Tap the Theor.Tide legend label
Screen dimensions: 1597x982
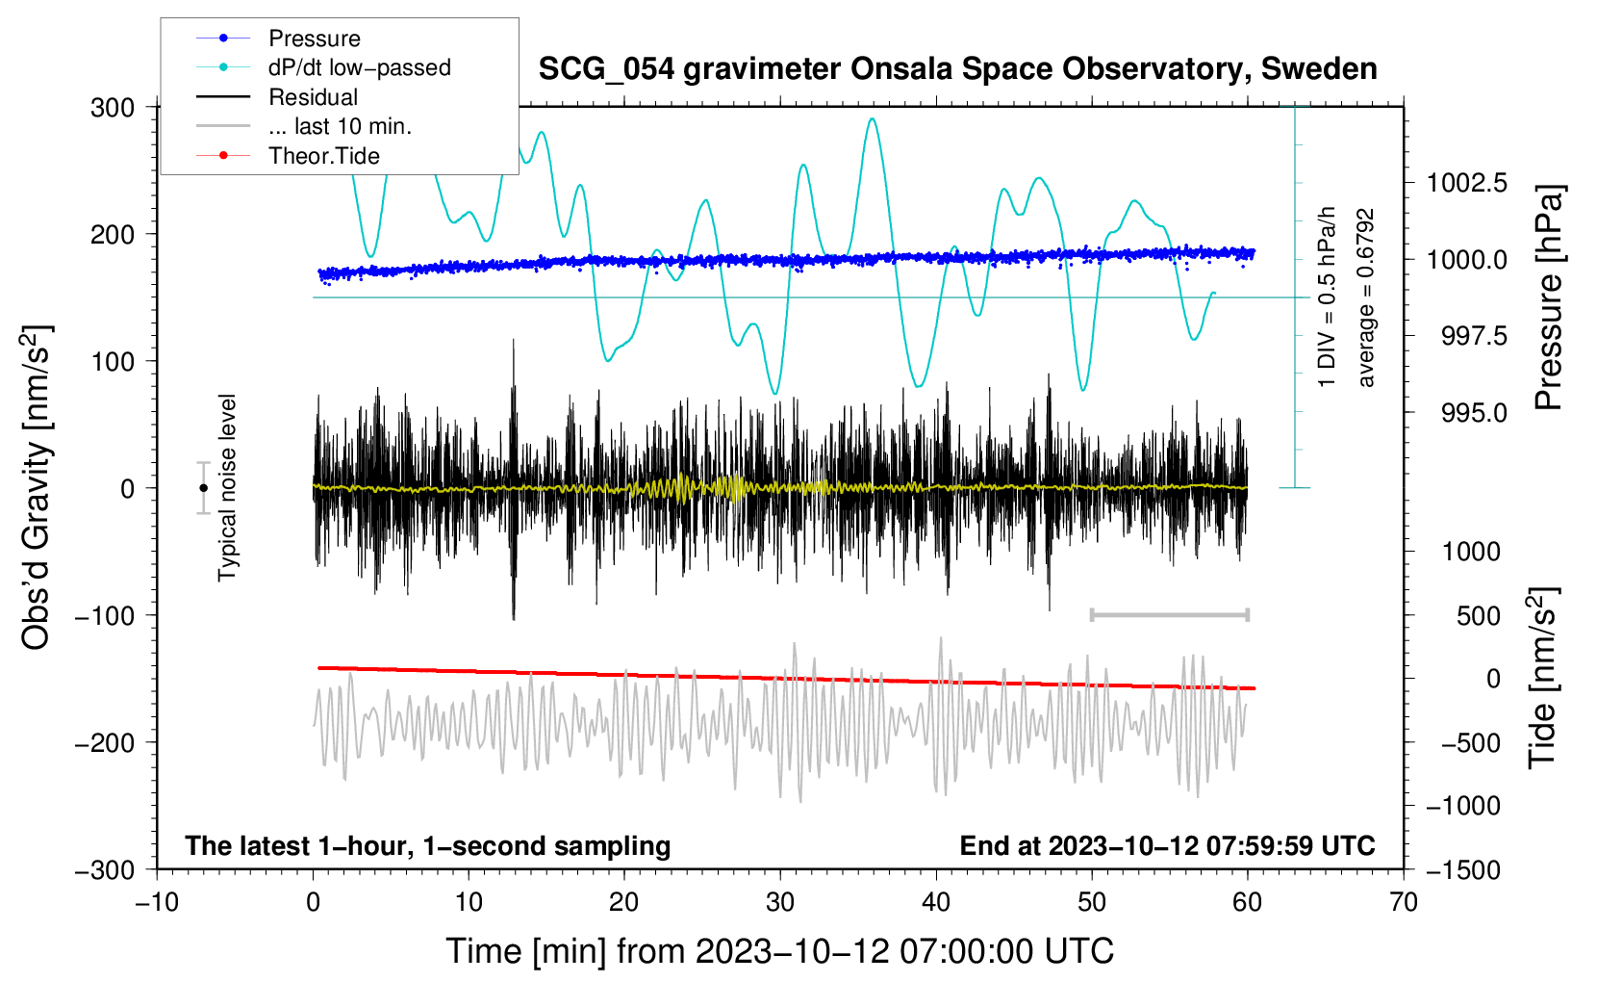click(x=323, y=156)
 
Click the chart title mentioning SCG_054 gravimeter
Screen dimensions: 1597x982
click(x=957, y=69)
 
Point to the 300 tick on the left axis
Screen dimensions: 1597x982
click(x=113, y=108)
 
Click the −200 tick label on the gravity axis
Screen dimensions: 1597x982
click(x=106, y=743)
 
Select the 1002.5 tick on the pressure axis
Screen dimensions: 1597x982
click(x=1466, y=184)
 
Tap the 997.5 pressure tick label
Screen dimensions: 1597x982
click(x=1474, y=335)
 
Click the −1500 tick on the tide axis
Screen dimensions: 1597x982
click(x=1463, y=870)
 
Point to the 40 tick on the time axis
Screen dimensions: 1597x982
click(x=935, y=902)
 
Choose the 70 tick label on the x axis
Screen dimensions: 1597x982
click(x=1403, y=902)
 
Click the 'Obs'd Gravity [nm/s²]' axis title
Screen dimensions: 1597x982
click(x=36, y=487)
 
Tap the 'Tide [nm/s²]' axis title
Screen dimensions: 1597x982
click(x=1543, y=678)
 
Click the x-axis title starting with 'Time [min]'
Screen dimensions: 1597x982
click(x=780, y=951)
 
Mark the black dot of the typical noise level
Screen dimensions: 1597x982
click(x=203, y=488)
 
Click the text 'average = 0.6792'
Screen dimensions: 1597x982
click(x=1365, y=297)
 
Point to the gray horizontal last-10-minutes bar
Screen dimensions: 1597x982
click(x=1169, y=614)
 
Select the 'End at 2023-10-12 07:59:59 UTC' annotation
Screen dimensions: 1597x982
click(x=1167, y=845)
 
